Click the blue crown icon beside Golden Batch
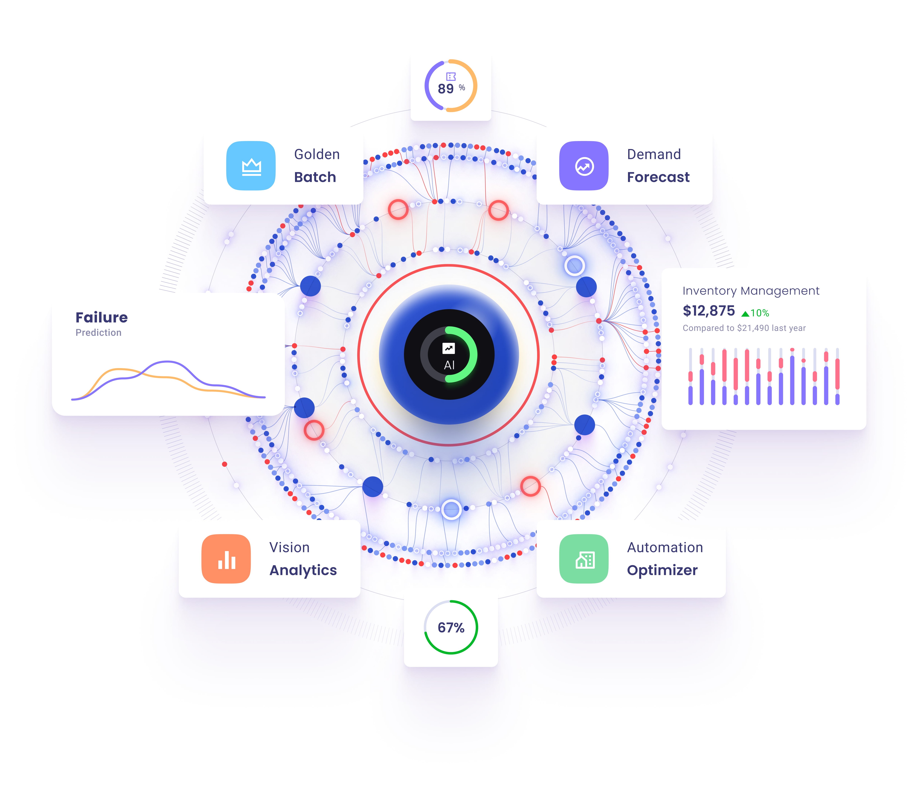pos(251,166)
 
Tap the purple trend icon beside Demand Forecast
pos(584,166)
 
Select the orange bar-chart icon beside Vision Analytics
pos(226,559)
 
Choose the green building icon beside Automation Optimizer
pos(584,559)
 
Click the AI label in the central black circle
pos(449,365)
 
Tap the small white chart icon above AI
pos(449,348)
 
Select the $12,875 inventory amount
pos(709,311)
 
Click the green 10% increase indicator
pos(755,313)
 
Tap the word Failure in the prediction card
pos(102,318)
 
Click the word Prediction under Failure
pos(98,333)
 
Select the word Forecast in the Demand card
pos(658,177)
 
